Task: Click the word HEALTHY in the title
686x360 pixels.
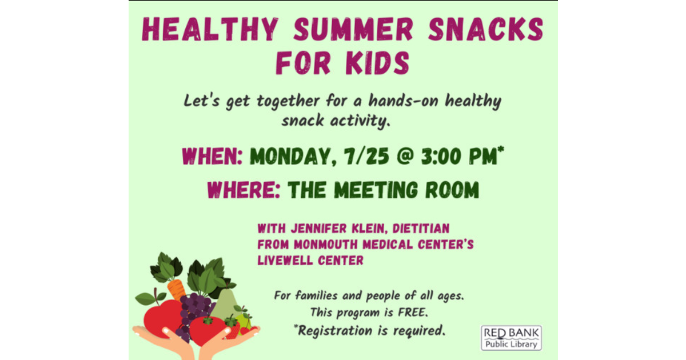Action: tap(209, 30)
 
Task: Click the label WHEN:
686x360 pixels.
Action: tap(213, 157)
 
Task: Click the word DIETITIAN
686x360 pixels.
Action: tap(422, 229)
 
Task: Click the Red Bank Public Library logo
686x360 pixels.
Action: tap(511, 338)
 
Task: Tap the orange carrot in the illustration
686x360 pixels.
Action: tap(177, 289)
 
